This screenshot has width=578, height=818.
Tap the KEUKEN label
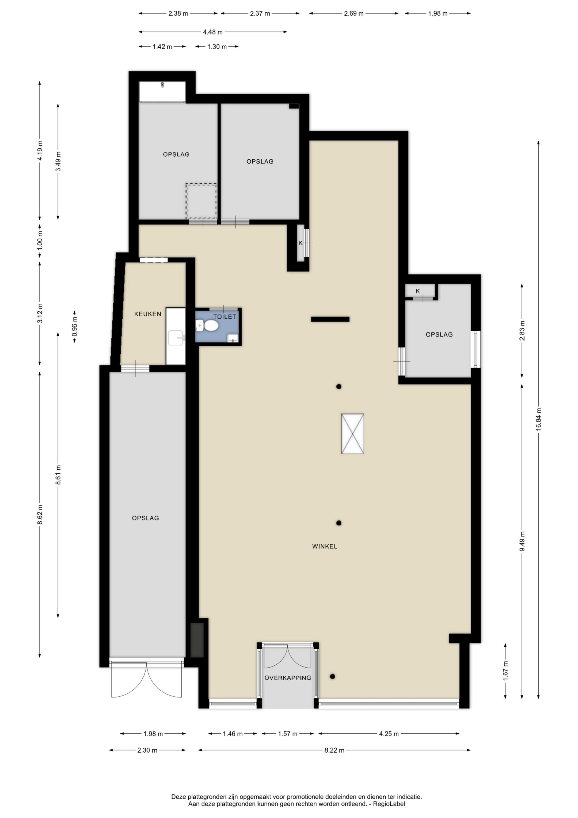(x=147, y=314)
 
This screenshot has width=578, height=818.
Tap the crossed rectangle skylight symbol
(x=352, y=433)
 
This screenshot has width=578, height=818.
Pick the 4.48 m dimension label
(x=213, y=32)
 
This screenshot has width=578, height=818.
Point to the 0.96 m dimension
(x=75, y=326)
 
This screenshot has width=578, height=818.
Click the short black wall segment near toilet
(x=330, y=319)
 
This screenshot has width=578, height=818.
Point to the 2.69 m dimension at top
(x=354, y=14)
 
